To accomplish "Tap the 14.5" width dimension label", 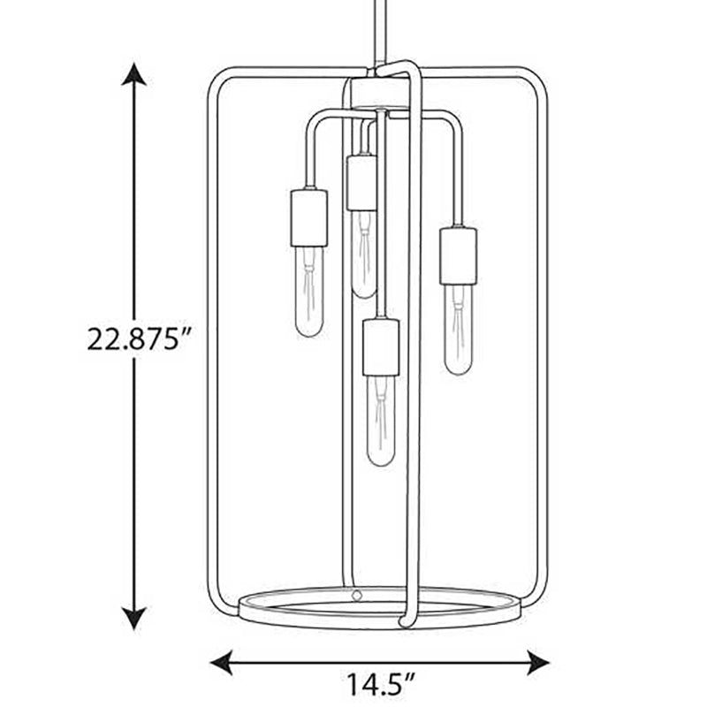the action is (379, 684).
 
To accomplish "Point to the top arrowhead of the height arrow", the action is (134, 74).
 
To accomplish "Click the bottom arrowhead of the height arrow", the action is (134, 618).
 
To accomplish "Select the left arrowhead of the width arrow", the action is (222, 663).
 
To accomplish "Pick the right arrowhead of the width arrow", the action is (538, 663).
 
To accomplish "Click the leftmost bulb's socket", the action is (308, 218).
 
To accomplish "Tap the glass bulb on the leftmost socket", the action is (308, 292).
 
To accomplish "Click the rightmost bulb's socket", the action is (458, 256).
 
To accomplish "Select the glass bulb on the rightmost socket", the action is (458, 330).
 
